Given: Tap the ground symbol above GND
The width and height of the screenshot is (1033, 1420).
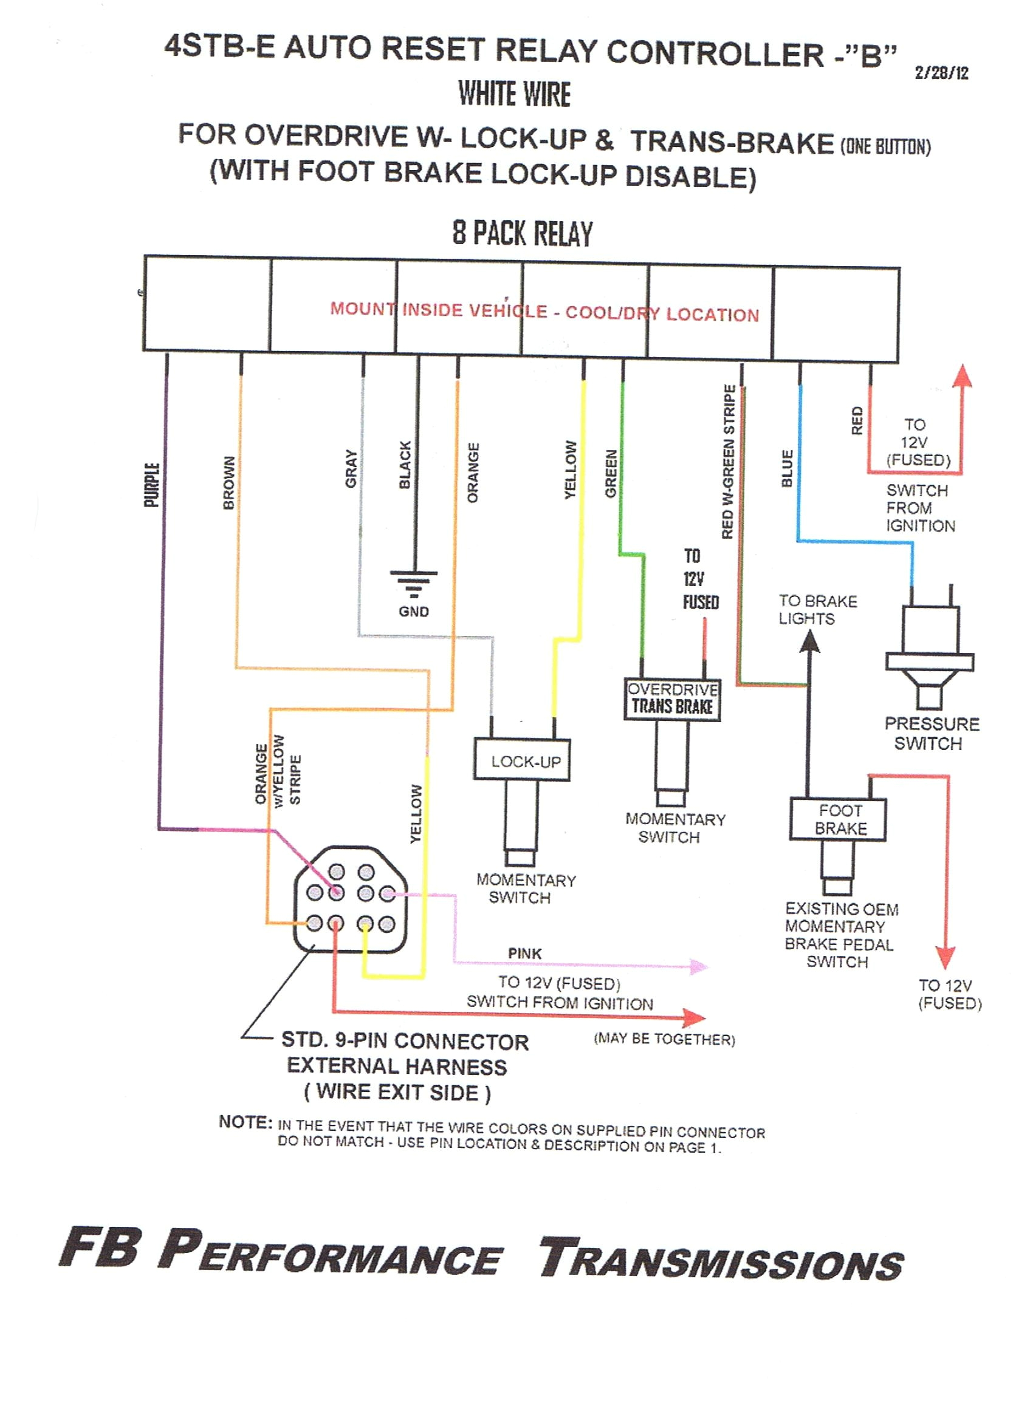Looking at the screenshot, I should coord(413,582).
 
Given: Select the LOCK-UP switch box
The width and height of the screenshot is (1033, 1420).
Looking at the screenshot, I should coord(522,760).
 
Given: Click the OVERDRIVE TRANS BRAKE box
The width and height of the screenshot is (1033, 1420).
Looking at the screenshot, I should coord(671,698).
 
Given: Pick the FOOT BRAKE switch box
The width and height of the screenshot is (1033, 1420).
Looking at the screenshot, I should coord(838,819).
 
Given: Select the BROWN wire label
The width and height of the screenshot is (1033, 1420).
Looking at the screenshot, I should coord(228,483).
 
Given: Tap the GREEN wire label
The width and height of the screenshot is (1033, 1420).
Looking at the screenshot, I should coord(611,473).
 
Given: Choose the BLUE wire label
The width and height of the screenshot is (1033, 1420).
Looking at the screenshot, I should coord(788,468).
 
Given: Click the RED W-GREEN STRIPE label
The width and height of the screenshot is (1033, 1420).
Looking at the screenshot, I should coord(728,462).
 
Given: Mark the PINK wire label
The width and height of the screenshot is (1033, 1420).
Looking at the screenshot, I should coord(524,953).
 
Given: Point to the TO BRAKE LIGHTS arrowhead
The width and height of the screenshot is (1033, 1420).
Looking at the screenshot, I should coord(810,641).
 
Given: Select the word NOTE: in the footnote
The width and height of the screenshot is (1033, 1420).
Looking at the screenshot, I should coord(245,1122).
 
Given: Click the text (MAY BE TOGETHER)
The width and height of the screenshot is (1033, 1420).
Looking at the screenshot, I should coord(664,1039).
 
